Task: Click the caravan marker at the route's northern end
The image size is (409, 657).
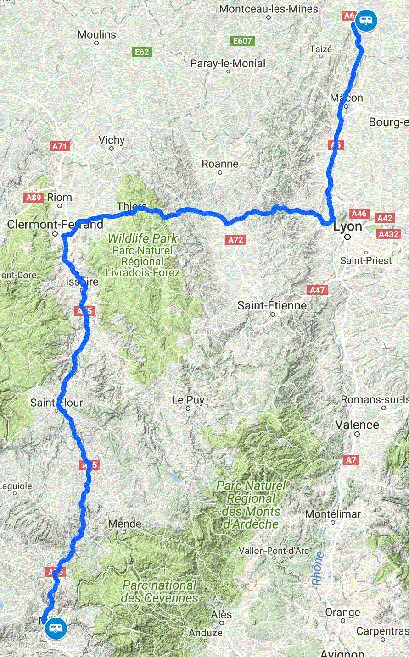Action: coord(366,21)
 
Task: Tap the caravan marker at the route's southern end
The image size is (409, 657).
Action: coord(56,628)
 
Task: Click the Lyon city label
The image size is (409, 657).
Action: coord(347,227)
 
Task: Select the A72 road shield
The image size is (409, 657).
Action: coord(236,240)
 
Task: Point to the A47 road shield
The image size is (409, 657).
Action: coord(317,290)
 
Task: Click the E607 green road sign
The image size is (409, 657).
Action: coord(242,41)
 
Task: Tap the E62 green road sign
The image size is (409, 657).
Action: coord(142,52)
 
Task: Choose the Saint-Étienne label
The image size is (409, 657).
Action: coord(272,305)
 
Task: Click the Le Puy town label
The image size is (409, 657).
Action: coord(188,400)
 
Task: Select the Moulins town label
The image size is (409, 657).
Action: coord(96,35)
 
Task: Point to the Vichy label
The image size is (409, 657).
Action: coord(112,140)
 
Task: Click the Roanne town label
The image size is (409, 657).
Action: coord(220,164)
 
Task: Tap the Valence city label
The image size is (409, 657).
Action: coord(357,425)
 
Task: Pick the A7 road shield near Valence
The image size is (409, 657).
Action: coord(351,459)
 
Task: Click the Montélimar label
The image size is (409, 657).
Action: coord(333,514)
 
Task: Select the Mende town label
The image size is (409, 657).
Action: coord(125,524)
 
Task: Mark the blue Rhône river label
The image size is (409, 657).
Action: coord(318,569)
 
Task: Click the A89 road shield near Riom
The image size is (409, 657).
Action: coord(34,198)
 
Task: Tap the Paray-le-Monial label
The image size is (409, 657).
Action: coord(228,64)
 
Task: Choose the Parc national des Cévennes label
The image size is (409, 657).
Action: coord(160,592)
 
